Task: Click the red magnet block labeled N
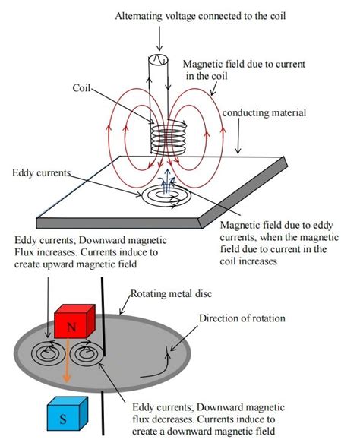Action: click(x=75, y=322)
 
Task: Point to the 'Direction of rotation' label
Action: click(x=242, y=318)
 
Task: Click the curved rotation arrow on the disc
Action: click(x=152, y=369)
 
